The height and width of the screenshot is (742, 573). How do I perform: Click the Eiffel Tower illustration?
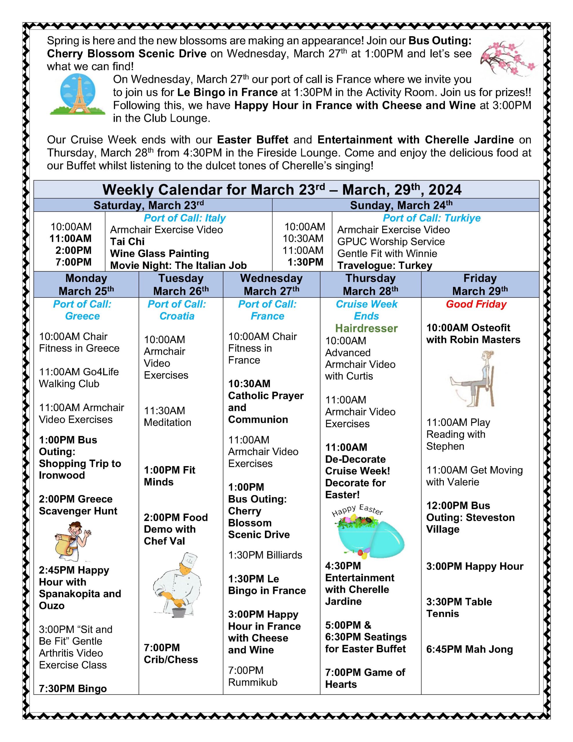(x=77, y=94)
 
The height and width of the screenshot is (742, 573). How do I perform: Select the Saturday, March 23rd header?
(x=148, y=205)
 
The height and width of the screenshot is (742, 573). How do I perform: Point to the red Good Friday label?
(x=476, y=304)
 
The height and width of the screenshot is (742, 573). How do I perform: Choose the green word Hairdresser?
(x=366, y=328)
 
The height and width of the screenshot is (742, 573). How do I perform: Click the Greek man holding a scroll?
(x=73, y=541)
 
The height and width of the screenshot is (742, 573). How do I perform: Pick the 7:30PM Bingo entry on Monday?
(x=73, y=688)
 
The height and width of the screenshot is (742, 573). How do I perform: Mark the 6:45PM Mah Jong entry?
(x=469, y=649)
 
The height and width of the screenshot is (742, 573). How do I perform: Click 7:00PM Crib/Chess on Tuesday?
(x=171, y=654)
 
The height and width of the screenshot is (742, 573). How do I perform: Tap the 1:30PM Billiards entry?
(x=265, y=555)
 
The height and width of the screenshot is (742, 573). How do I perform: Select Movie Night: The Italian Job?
(x=178, y=265)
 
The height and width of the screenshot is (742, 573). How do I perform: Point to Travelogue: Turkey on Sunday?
(x=384, y=265)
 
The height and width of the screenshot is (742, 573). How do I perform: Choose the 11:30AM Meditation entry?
(x=167, y=416)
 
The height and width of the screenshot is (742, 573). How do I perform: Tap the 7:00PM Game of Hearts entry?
(x=365, y=678)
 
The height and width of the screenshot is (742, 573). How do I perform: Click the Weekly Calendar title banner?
(x=282, y=190)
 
